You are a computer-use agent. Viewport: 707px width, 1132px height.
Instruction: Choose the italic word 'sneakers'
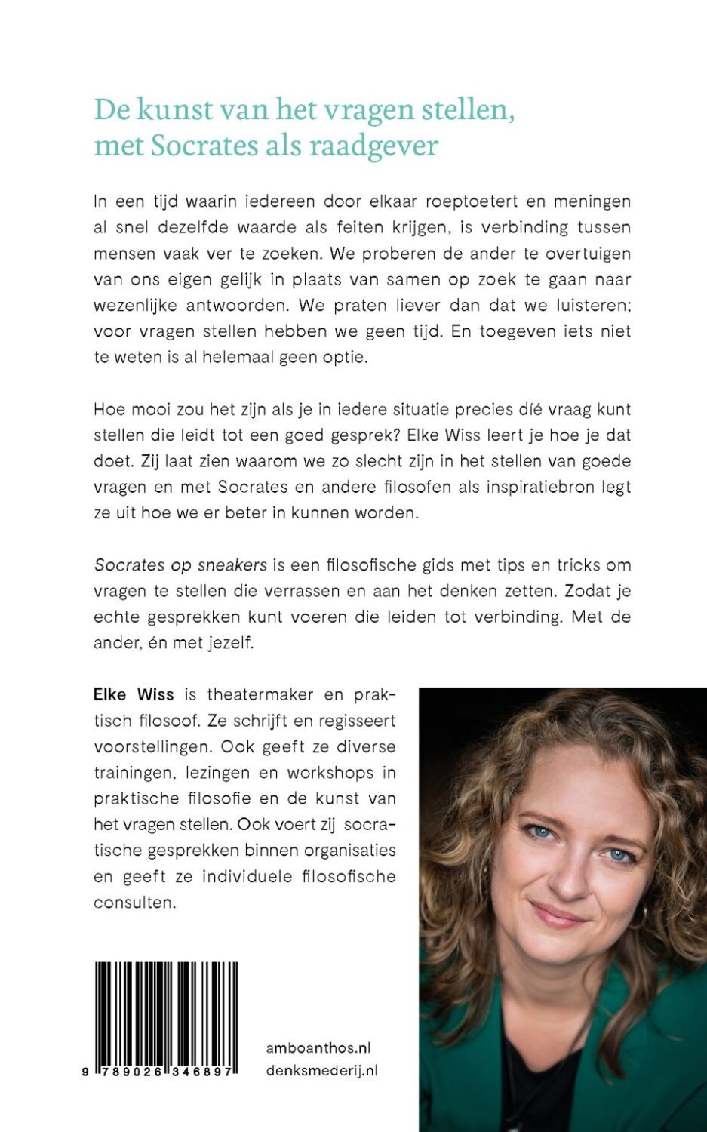[x=232, y=565]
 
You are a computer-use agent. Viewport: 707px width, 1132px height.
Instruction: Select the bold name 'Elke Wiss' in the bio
[x=134, y=694]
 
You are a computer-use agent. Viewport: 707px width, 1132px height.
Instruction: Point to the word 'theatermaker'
[x=258, y=694]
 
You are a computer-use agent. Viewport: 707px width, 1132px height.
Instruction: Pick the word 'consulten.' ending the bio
[x=134, y=902]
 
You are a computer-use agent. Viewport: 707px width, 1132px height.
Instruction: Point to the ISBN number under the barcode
[x=161, y=1072]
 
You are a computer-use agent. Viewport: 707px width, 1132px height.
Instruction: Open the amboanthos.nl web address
[x=318, y=1047]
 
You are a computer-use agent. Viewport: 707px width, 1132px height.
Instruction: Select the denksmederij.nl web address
[x=322, y=1070]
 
